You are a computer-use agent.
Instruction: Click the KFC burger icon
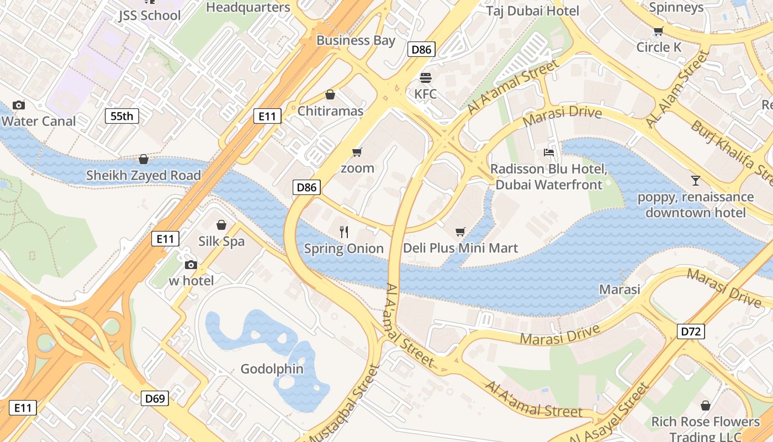pos(425,78)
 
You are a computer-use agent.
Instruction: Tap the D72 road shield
pos(691,331)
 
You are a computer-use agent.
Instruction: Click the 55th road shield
pos(122,116)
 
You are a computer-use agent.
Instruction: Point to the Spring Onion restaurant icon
pos(344,232)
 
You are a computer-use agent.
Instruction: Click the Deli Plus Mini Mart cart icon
pos(460,232)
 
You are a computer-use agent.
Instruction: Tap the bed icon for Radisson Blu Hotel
pos(549,152)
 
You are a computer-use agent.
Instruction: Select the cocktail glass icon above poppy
pos(695,181)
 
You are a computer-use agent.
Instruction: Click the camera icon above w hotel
pos(191,265)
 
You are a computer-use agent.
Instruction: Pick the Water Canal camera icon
pos(19,105)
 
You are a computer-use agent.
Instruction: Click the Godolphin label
pos(272,369)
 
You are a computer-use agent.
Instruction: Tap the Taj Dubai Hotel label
pos(533,11)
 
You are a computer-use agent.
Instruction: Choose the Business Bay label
pos(356,40)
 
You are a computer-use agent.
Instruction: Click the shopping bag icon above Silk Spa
pos(221,225)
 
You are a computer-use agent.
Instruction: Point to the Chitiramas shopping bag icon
pos(330,95)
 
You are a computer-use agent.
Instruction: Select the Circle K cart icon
pos(658,31)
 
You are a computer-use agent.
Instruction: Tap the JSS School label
pos(150,15)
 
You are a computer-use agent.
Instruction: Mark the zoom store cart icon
pos(357,152)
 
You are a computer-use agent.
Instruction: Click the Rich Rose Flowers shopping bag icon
pos(705,406)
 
